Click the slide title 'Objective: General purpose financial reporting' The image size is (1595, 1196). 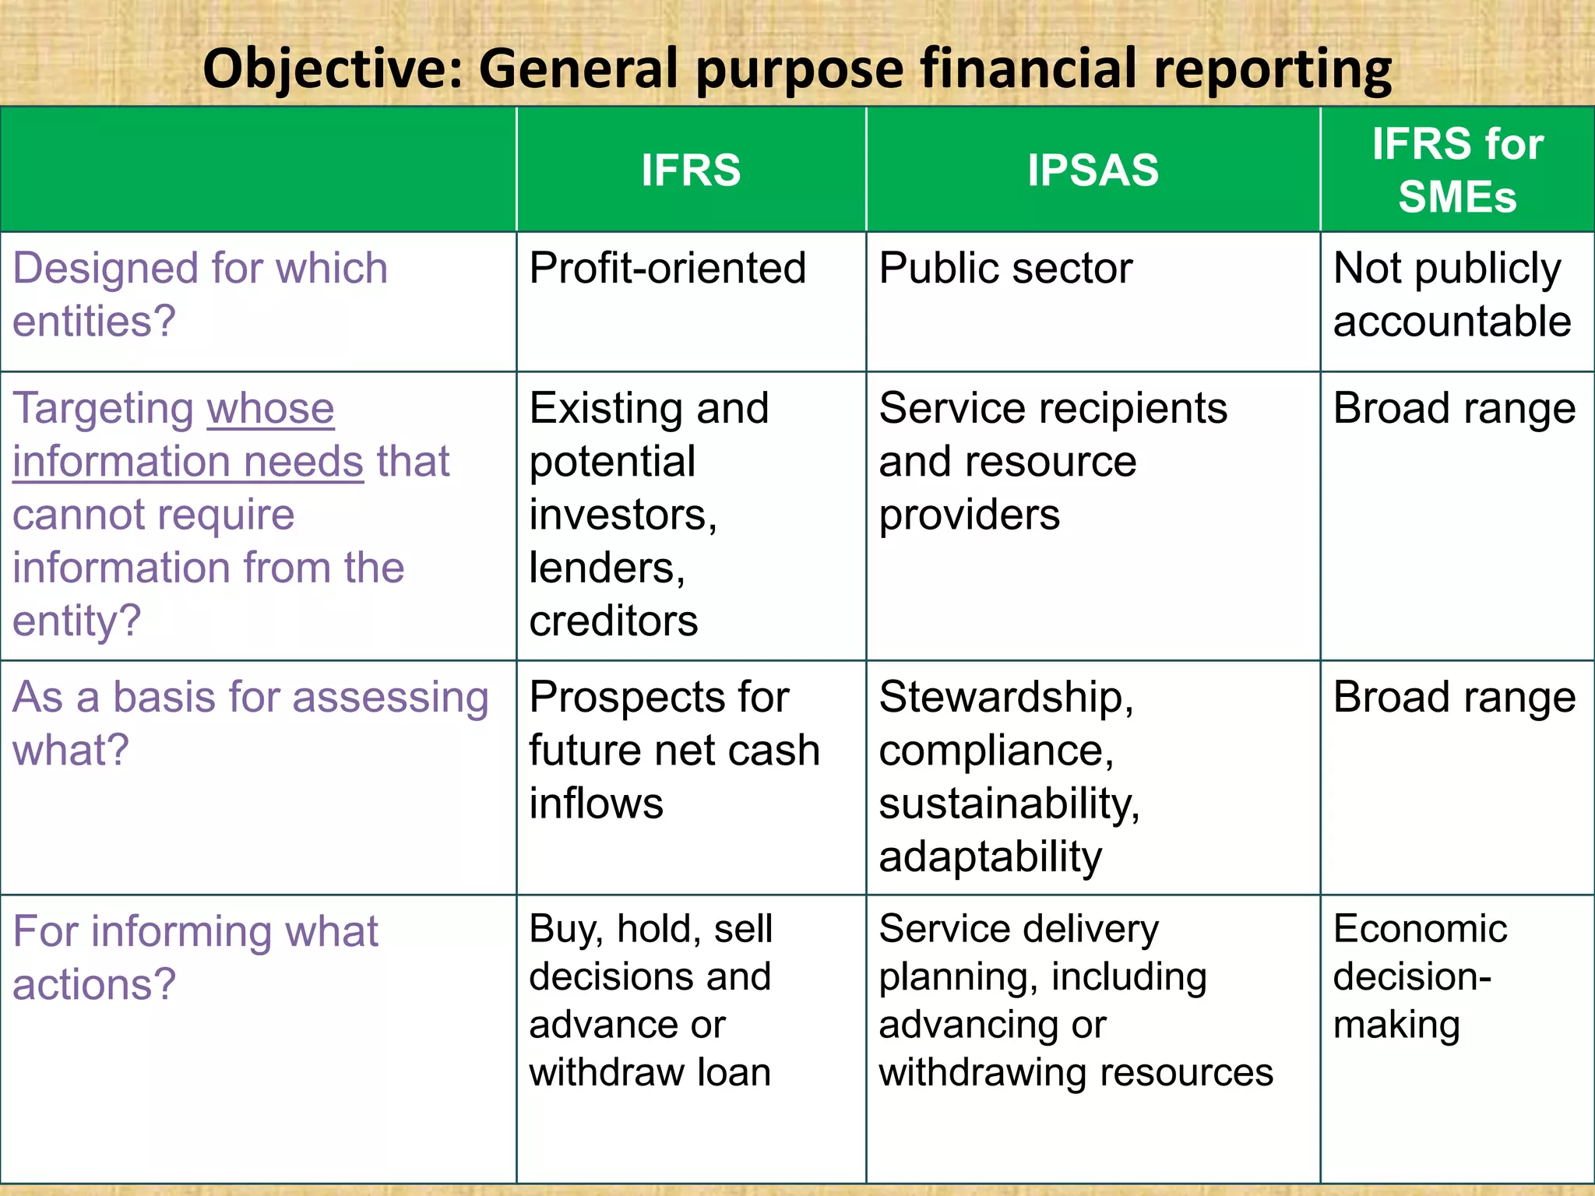pos(797,69)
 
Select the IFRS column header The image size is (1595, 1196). pos(691,170)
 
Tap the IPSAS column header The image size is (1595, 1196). pos(1093,170)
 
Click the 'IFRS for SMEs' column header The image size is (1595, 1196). pos(1457,170)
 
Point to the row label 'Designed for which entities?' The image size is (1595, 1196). pos(200,294)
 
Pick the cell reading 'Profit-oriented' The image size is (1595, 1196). pos(667,269)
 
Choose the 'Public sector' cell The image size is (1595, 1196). pos(1005,269)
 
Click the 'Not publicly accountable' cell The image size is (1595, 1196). pos(1452,294)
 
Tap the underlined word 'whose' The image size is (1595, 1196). pos(270,409)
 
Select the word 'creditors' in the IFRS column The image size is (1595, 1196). pos(614,621)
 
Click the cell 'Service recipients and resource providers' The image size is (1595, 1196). pos(1051,461)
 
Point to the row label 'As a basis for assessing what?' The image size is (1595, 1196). pos(249,723)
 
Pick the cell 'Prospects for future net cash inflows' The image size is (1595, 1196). pos(674,749)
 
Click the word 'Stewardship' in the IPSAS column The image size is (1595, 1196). pos(1003,697)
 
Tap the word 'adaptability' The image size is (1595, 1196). pos(990,857)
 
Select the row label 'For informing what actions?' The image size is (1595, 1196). pos(195,957)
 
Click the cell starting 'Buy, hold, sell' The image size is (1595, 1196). pos(650,1000)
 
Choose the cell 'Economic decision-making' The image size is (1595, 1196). pos(1419,976)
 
